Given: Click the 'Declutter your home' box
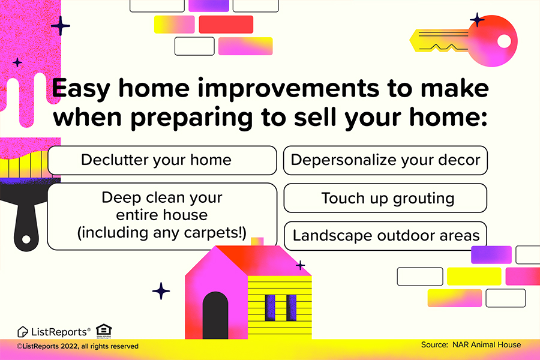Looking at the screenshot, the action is coord(162,160).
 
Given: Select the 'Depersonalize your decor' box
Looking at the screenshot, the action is coord(385,160).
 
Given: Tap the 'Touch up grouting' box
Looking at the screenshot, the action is coord(385,198).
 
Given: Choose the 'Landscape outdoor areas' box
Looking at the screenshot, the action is coord(385,236).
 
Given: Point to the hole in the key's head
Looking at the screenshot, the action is coord(504,41).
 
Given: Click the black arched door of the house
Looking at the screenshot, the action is coord(215,315).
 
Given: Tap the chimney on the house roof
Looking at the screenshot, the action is coord(257,241).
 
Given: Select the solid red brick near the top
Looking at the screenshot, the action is coord(226,25).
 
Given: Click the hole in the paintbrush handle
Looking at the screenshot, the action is coord(26,239).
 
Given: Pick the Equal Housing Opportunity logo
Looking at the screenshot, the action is coord(104,331).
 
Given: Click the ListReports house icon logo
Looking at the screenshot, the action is coord(22,332).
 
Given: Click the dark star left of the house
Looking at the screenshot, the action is coord(161,291).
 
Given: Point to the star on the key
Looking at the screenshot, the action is coord(477,20).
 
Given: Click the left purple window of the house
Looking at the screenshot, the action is coord(270,308).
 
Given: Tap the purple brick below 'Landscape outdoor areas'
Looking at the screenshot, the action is coord(491,255).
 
